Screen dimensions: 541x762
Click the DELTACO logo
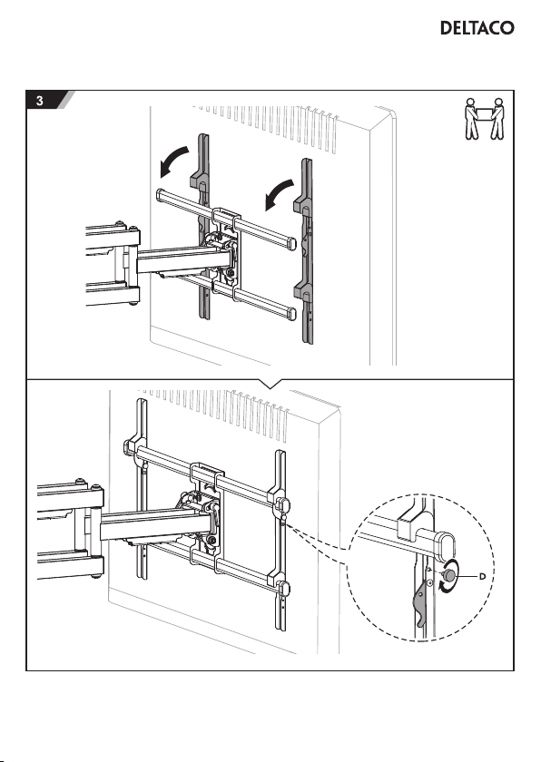[x=477, y=28]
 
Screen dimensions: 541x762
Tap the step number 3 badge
[x=39, y=101]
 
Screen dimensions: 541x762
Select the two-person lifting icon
[x=484, y=119]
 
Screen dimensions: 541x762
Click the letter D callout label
[x=482, y=576]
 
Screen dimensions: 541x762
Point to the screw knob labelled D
[x=449, y=574]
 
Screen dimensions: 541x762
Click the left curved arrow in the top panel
[x=172, y=161]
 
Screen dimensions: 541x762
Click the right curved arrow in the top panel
[x=279, y=194]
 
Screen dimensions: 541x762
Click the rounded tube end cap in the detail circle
[x=446, y=546]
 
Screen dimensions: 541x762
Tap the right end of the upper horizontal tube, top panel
[x=290, y=242]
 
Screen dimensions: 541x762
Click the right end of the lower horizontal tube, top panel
[x=290, y=313]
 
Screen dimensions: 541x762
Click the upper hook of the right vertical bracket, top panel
[x=302, y=203]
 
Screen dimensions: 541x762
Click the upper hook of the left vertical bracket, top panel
[x=198, y=180]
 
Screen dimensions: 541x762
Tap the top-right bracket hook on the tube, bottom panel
[x=282, y=504]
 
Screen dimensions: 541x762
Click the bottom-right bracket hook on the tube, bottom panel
[x=282, y=587]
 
